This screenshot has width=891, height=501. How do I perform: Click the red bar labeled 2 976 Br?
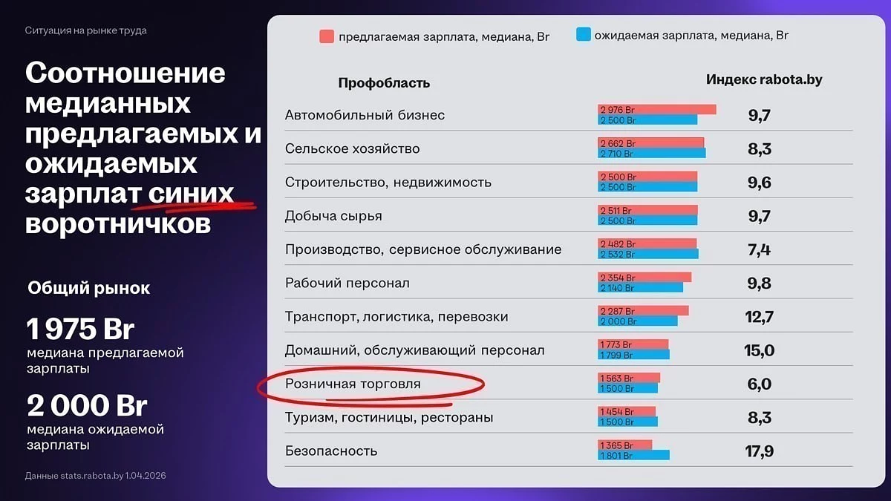click(656, 109)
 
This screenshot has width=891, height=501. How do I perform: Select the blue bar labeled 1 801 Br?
click(633, 455)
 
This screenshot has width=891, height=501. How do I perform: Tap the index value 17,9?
click(759, 451)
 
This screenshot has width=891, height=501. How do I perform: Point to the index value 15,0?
click(759, 350)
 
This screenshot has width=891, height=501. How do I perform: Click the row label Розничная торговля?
click(353, 384)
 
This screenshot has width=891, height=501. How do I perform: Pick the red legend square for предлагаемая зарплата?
click(327, 36)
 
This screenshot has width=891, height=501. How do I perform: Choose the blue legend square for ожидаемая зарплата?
click(583, 34)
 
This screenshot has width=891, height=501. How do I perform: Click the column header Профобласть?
click(384, 82)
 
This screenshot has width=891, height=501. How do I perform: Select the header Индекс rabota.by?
click(764, 79)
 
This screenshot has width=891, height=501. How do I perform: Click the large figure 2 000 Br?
click(87, 405)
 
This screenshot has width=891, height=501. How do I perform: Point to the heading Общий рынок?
click(88, 288)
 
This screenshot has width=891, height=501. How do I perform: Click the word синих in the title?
click(191, 194)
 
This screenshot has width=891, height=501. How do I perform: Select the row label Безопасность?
click(331, 451)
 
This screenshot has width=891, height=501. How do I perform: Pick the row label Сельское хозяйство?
click(353, 148)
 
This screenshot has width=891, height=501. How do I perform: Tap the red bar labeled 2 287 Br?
click(643, 311)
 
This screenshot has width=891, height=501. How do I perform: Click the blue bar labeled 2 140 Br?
click(640, 287)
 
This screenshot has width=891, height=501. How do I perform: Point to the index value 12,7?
click(759, 317)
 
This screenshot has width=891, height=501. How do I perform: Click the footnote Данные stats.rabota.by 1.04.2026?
click(96, 476)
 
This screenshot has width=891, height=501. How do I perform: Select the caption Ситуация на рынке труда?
click(86, 30)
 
